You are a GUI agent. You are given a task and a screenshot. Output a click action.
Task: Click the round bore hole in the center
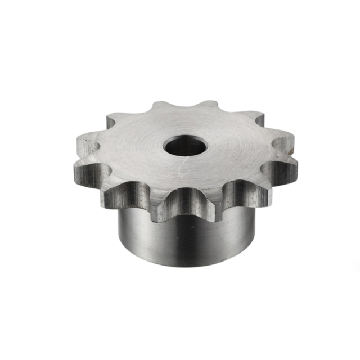click(184, 146)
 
